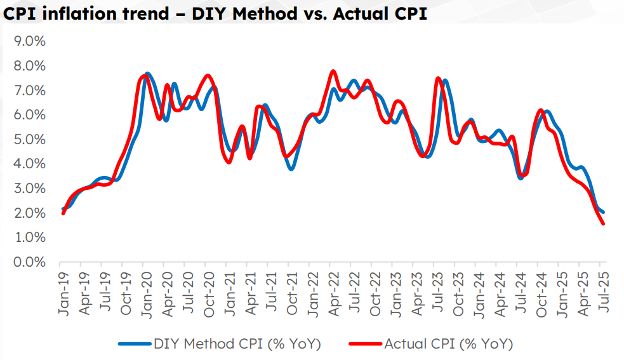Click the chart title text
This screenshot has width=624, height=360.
(x=215, y=14)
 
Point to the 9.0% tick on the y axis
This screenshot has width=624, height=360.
(x=29, y=41)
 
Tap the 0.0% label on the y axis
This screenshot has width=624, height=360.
(x=29, y=262)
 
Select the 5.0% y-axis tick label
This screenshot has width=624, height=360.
(x=29, y=139)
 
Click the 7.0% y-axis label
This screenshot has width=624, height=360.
(x=29, y=90)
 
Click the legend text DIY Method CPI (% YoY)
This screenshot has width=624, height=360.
(x=237, y=344)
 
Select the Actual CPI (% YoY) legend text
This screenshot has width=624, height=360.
(x=448, y=344)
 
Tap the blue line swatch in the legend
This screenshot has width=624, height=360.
(x=135, y=344)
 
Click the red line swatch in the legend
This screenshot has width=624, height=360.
(x=365, y=344)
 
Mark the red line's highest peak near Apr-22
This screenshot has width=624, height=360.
(x=333, y=71)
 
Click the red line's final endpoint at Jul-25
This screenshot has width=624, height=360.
(x=603, y=223)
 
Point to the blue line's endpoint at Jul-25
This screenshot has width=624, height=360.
(x=603, y=212)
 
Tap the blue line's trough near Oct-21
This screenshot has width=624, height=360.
(x=291, y=169)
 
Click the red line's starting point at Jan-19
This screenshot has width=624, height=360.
(x=63, y=213)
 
